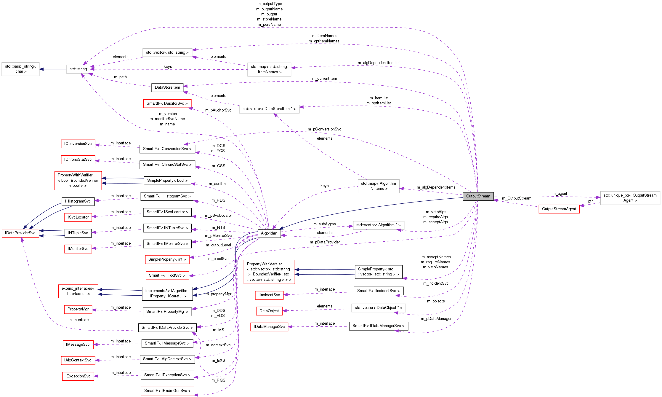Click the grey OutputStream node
point(478,196)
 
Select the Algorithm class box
point(269,233)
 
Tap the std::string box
point(78,69)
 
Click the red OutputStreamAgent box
point(559,209)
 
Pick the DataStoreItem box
point(167,87)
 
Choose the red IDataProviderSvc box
point(20,233)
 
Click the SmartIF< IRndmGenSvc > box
point(167,391)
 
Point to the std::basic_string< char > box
point(20,69)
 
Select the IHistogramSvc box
point(78,201)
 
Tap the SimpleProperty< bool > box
point(167,181)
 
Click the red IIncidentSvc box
point(269,295)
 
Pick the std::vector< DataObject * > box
point(378,308)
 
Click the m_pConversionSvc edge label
point(324,129)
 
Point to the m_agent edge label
point(560,194)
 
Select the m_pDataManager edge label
point(436,319)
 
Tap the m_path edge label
point(120,77)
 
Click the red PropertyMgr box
point(78,309)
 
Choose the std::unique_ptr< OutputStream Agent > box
point(630,198)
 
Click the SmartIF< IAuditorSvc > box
point(167,103)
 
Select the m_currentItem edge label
point(324,79)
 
